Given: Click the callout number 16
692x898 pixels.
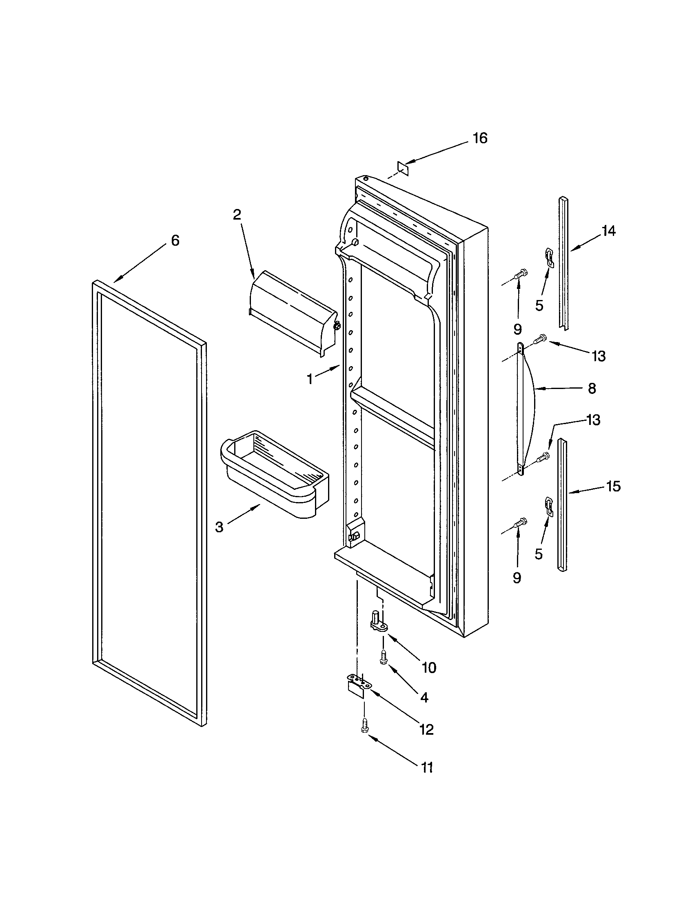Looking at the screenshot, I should (479, 138).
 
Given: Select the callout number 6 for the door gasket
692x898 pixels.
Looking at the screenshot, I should (175, 240).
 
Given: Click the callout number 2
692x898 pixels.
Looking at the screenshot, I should (237, 215).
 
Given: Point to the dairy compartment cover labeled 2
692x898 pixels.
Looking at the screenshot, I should (292, 313).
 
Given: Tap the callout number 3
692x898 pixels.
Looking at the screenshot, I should (219, 527).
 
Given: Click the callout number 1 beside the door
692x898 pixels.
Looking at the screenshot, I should (310, 379).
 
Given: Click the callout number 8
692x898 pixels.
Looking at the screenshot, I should (592, 389).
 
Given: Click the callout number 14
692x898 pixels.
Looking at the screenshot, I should (608, 231).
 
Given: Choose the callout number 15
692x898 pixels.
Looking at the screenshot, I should (613, 487).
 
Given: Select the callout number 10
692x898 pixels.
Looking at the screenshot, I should (428, 668).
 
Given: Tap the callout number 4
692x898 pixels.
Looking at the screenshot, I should (424, 697).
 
